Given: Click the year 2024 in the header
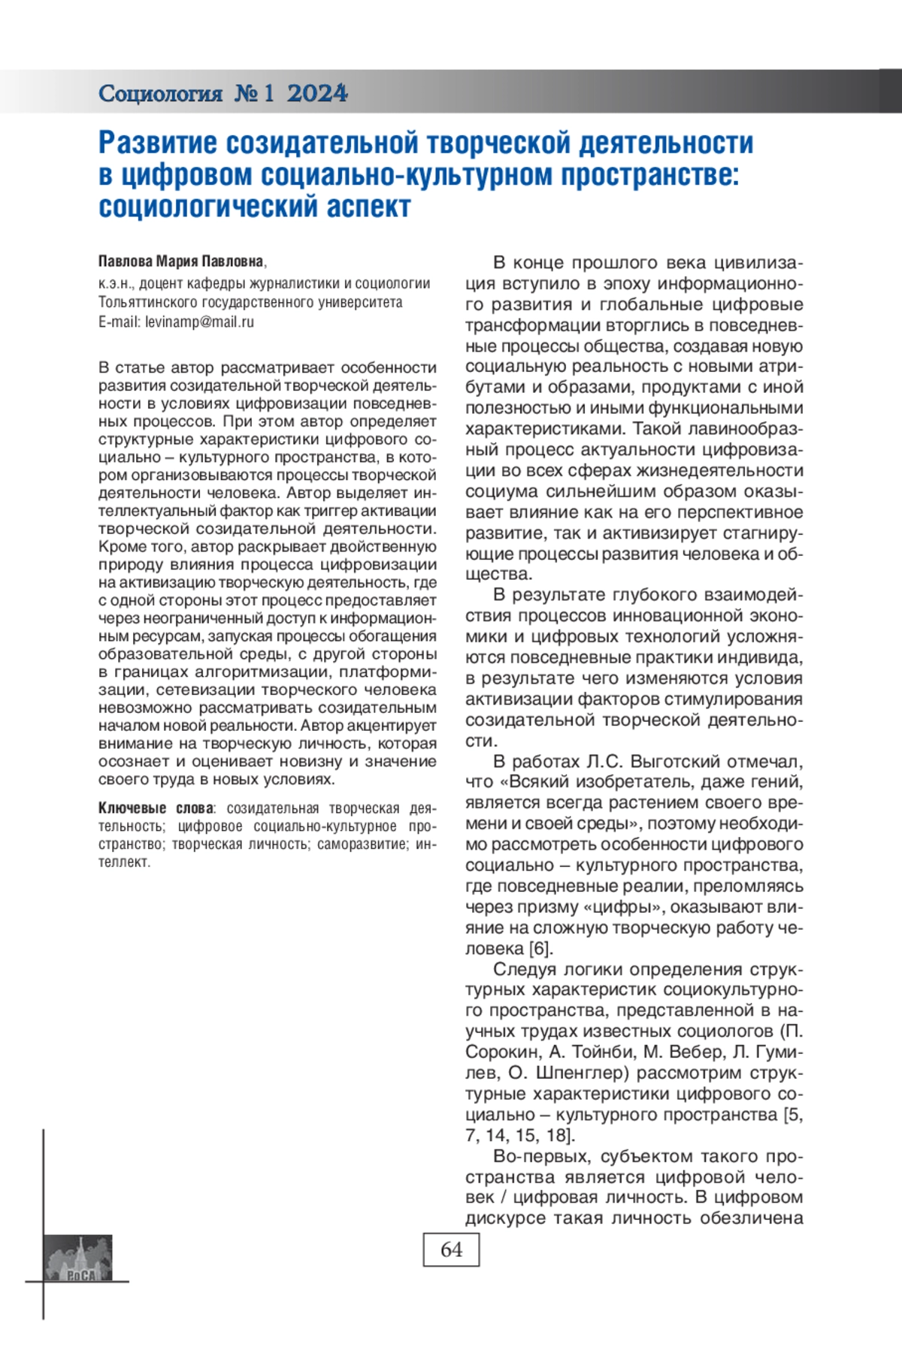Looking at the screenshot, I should [x=317, y=93].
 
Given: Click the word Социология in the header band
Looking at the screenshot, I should [x=160, y=93].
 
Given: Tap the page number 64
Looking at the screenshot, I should [x=451, y=1249].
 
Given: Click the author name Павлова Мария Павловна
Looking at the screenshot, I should [x=181, y=261].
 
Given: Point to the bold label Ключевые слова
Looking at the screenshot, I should [x=156, y=808].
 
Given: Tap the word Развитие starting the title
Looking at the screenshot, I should [x=158, y=142].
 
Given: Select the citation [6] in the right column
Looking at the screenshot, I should [x=540, y=949].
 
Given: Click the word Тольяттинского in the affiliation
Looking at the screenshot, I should [x=148, y=303].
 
